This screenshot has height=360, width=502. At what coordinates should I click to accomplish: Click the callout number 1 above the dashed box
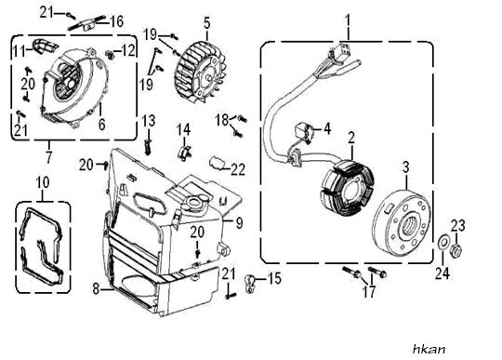pos(348,21)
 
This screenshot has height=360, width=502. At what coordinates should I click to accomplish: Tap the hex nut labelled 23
pos(456,250)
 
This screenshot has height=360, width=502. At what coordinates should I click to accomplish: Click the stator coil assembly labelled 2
pos(347,187)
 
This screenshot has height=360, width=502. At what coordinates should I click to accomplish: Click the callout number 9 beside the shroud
pos(239,223)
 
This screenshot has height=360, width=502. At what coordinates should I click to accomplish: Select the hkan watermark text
pos(429,349)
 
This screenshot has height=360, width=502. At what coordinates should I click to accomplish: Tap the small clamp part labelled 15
pos(250,284)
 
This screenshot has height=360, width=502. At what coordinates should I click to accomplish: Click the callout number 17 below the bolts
pos(369,291)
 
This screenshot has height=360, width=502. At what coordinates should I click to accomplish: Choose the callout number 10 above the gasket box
pos(43,182)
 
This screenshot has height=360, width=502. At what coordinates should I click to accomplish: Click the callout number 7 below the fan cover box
pos(48,157)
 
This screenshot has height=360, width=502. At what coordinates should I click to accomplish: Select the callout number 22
pos(238,169)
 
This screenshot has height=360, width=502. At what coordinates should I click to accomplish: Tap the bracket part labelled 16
pos(86,25)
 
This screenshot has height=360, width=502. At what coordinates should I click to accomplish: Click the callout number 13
pos(148,120)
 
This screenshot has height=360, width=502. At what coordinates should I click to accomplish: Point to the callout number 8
pos(96,289)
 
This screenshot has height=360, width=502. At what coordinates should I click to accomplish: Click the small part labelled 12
pos(111,55)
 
